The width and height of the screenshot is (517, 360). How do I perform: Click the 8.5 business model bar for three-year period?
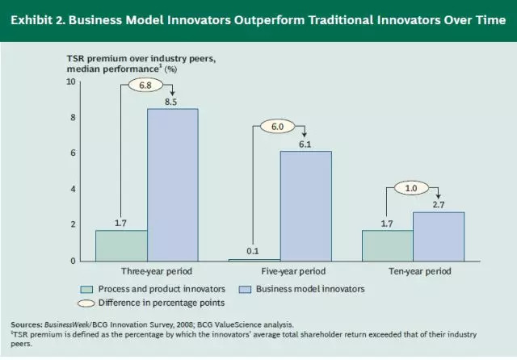click(x=172, y=184)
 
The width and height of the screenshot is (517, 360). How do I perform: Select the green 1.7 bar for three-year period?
click(x=120, y=245)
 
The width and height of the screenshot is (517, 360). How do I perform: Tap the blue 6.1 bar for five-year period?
click(x=305, y=206)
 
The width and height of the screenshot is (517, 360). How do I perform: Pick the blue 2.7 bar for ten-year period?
click(x=438, y=236)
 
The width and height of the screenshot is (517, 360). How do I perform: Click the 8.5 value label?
click(x=172, y=101)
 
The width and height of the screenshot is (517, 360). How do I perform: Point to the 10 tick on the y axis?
click(x=70, y=82)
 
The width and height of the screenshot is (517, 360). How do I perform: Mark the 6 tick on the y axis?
click(x=72, y=153)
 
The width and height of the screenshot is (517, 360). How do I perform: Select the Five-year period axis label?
click(x=279, y=271)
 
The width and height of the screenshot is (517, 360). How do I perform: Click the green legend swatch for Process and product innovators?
click(x=87, y=288)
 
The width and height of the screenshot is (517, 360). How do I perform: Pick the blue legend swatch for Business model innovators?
click(x=246, y=288)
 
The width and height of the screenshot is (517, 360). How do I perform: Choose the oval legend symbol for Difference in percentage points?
click(x=87, y=303)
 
